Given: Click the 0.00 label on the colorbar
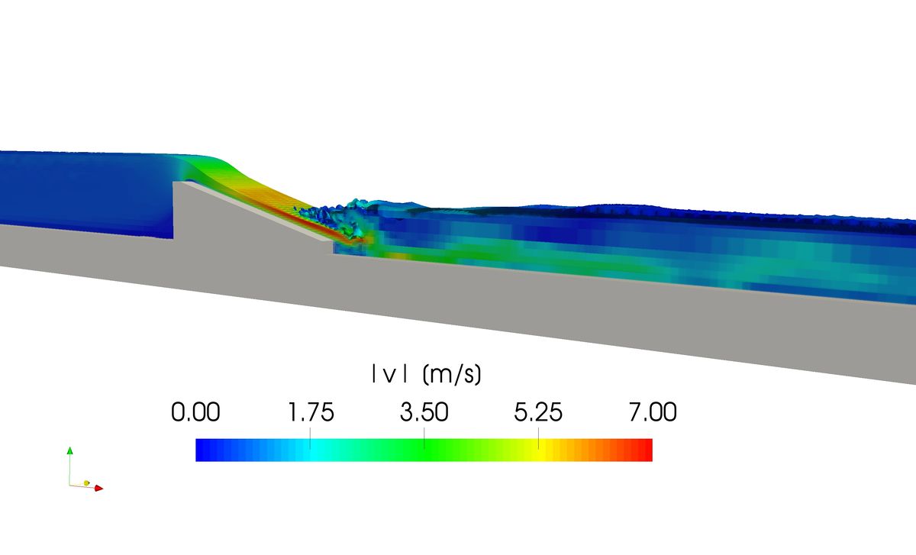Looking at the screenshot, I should (x=195, y=413).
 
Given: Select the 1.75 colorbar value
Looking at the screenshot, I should (x=310, y=413).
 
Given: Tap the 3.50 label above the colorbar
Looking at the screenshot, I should (x=424, y=413).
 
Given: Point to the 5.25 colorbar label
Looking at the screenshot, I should (x=538, y=413).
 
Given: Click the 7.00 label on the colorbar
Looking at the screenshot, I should (x=652, y=413).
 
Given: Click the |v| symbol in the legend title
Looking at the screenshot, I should (x=385, y=375).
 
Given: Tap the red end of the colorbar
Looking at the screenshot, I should (x=646, y=450).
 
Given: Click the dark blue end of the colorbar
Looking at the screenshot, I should (x=202, y=450).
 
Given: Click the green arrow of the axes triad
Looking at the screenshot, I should (x=69, y=452).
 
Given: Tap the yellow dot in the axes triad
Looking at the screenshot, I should (x=87, y=483).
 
